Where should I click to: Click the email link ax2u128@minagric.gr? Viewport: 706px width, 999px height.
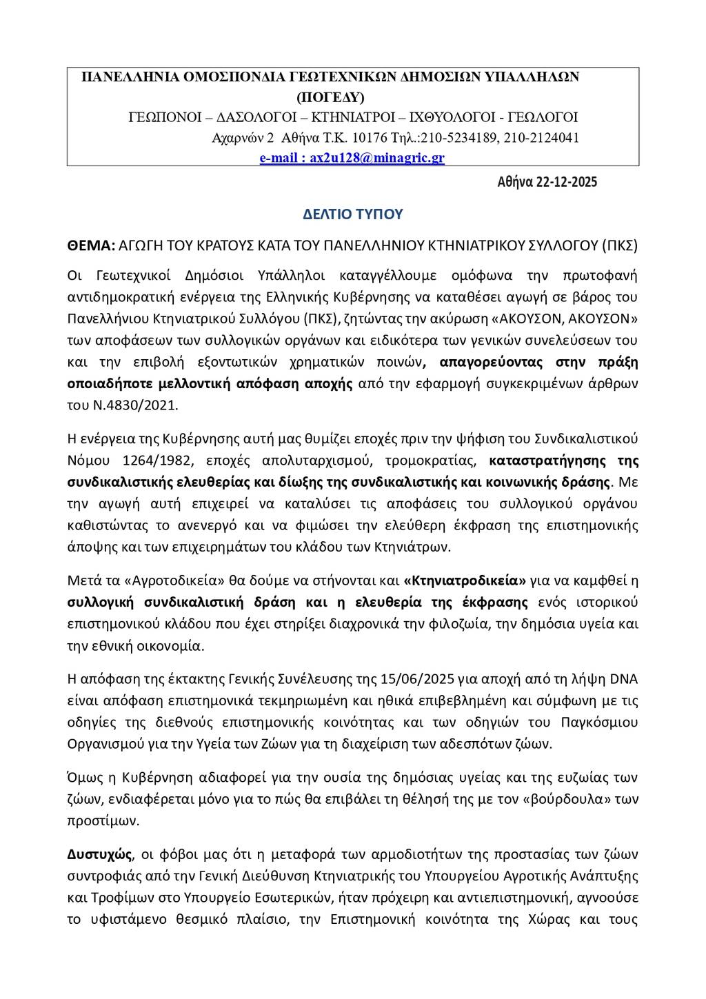(x=376, y=158)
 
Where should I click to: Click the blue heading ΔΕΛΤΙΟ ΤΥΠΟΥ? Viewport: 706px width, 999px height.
(x=353, y=214)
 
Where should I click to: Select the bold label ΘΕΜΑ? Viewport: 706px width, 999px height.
(x=91, y=245)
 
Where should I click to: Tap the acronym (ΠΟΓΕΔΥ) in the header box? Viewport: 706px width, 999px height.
(x=331, y=97)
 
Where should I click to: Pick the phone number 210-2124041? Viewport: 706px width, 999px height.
(x=541, y=138)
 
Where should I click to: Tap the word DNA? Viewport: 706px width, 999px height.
(x=624, y=679)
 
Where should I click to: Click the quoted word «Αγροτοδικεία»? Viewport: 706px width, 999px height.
(x=162, y=580)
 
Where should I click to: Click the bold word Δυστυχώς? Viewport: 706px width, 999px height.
(x=99, y=854)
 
